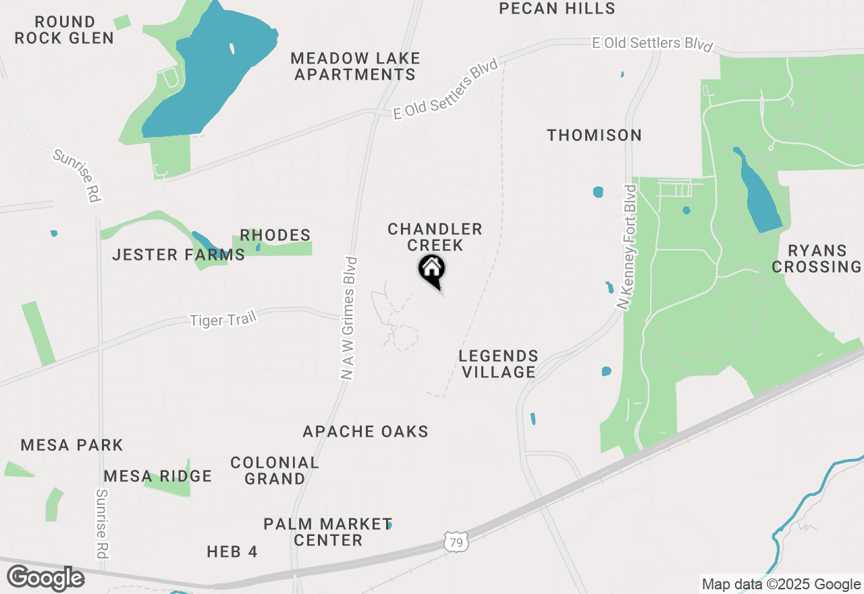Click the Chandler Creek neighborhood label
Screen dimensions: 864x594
(x=435, y=237)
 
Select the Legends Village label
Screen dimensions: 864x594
(x=498, y=364)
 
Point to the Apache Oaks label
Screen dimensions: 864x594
(x=365, y=431)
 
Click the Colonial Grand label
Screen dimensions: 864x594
(x=275, y=470)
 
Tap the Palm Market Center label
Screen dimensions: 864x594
(x=327, y=532)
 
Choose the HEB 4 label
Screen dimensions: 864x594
(x=232, y=551)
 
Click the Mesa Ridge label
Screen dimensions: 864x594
(x=158, y=476)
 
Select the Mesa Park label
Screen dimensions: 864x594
(x=72, y=445)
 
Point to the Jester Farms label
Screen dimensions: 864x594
(x=178, y=254)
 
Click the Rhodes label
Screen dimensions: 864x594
(x=275, y=235)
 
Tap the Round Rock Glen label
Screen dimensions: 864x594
(x=64, y=30)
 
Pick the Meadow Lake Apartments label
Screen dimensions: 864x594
(x=356, y=66)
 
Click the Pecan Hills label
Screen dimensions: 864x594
(x=557, y=8)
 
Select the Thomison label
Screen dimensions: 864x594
(x=594, y=135)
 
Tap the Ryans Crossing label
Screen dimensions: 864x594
(x=817, y=259)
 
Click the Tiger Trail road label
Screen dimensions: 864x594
(x=223, y=319)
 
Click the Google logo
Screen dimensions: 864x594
(x=45, y=578)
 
